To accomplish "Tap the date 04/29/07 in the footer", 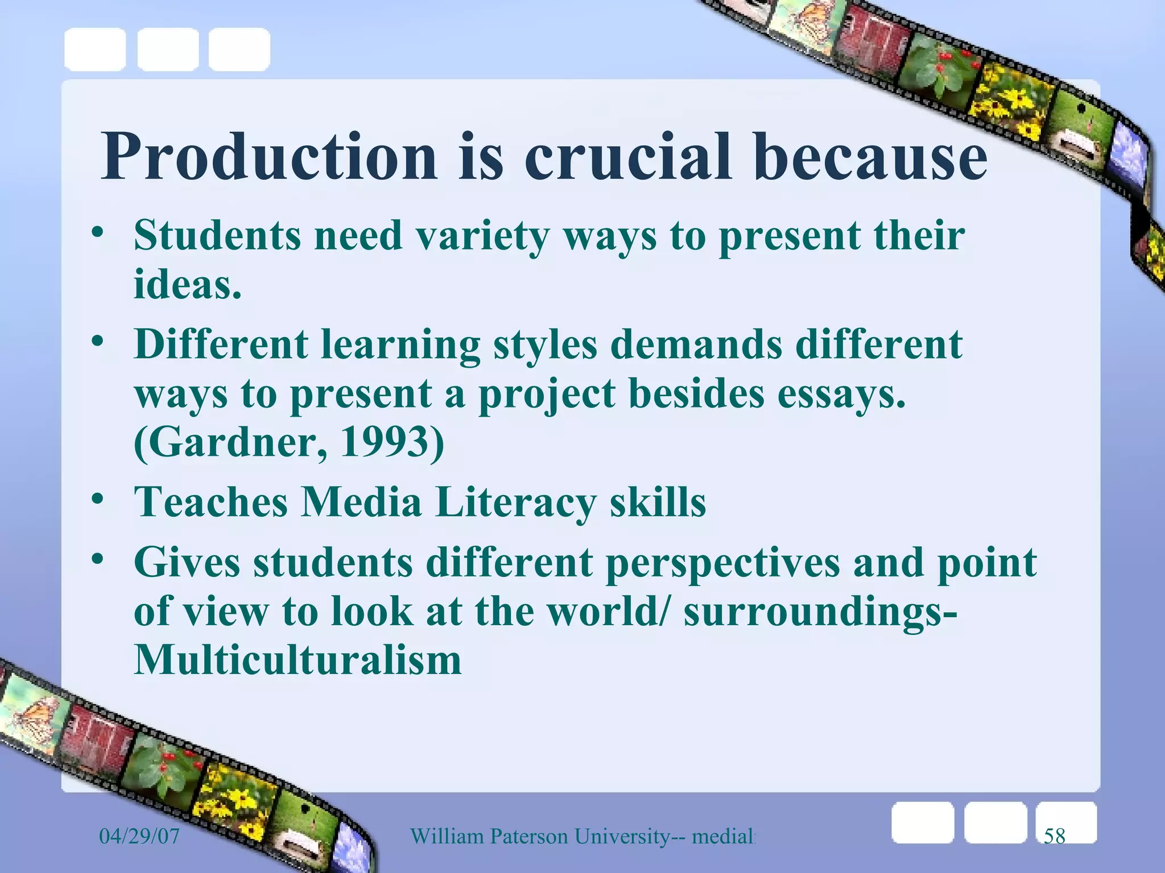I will (x=139, y=836).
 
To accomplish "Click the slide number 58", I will (x=1054, y=836).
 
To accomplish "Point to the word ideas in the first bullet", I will (x=187, y=284).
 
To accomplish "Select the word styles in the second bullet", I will (x=545, y=346).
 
